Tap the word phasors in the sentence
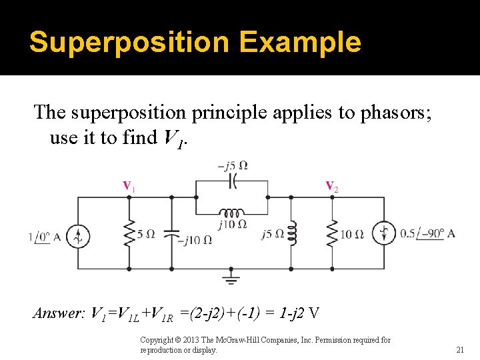379,113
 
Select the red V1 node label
128,186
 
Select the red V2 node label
331,187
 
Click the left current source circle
78,235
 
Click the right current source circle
385,233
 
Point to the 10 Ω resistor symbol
331,233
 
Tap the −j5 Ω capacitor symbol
233,179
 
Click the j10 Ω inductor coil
232,213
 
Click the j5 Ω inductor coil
291,233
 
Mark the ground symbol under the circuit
231,277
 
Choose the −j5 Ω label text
233,165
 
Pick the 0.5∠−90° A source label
427,233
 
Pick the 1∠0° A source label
48,237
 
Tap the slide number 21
459,349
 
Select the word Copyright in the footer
158,340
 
